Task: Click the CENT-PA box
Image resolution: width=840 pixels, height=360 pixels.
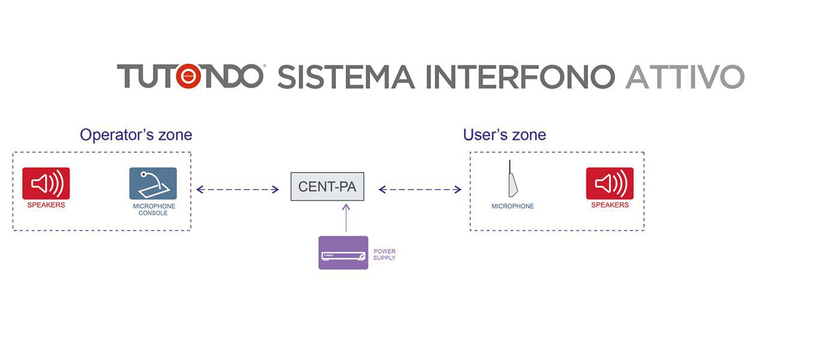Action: (327, 187)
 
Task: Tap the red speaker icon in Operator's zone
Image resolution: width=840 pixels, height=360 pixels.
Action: (46, 184)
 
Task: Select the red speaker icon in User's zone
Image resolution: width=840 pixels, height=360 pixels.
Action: (610, 184)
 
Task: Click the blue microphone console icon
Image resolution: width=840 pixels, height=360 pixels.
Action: (153, 184)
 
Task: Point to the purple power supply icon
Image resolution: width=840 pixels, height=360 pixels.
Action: (343, 253)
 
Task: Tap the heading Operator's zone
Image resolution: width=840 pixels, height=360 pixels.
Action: (136, 134)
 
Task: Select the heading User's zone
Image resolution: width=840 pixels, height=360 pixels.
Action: (505, 134)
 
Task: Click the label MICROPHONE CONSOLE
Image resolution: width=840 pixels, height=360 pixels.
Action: (154, 209)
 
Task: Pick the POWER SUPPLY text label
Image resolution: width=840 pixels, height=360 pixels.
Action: (385, 254)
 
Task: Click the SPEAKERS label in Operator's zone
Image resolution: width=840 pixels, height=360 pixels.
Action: (46, 205)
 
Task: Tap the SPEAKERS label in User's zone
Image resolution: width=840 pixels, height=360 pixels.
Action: (610, 205)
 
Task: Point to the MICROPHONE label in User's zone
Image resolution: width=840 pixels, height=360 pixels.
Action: (512, 206)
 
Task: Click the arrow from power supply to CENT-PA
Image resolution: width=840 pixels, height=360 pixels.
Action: (346, 218)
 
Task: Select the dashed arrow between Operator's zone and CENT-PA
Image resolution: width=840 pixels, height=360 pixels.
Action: (238, 190)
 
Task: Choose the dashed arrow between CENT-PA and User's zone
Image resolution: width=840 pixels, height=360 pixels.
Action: (420, 190)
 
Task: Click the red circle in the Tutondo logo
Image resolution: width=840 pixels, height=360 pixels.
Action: (188, 76)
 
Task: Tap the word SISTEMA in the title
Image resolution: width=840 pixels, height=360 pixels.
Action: (346, 77)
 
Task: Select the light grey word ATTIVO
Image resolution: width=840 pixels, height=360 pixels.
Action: (685, 77)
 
